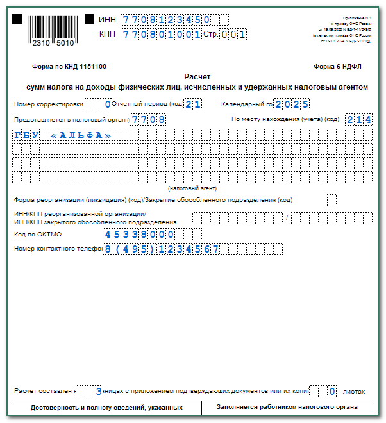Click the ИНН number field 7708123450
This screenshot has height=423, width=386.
click(x=174, y=20)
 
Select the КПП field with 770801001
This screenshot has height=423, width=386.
click(x=161, y=35)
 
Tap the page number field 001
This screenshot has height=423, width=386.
click(x=233, y=35)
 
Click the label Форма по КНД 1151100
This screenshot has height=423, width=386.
click(x=69, y=67)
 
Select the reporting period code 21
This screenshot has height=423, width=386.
click(x=194, y=104)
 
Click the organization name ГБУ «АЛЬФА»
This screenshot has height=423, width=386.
click(x=62, y=135)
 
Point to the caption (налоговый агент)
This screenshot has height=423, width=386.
click(x=192, y=188)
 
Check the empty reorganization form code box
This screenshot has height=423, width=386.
click(x=331, y=199)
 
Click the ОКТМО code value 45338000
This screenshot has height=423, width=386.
click(x=138, y=234)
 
